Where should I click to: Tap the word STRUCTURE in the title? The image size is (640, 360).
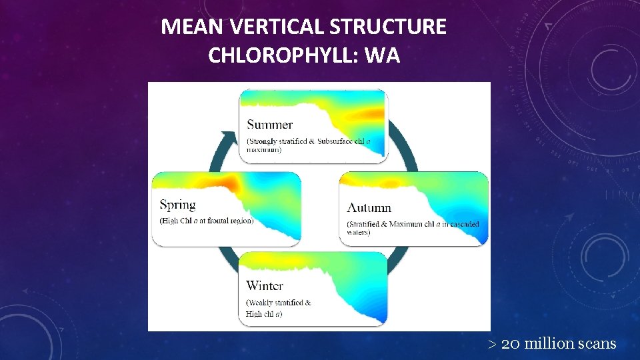tap(387, 27)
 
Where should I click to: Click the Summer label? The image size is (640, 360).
tap(269, 125)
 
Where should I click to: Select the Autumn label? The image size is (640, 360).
tap(369, 207)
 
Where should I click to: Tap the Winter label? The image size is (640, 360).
tap(264, 286)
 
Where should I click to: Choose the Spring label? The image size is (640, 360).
tap(177, 205)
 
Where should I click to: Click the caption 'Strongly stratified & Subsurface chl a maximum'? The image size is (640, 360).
tap(307, 145)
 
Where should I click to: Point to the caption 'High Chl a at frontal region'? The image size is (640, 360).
tap(206, 221)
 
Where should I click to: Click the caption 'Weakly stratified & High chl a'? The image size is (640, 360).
tap(278, 308)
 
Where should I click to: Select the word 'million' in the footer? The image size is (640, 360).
tap(549, 344)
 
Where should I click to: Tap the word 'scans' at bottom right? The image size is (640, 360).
tap(597, 344)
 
